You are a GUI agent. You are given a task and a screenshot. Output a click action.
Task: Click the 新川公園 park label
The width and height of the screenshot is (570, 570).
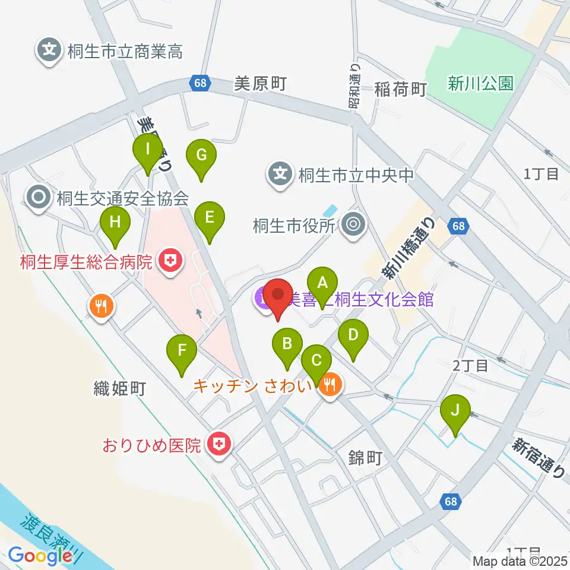pos(480,84)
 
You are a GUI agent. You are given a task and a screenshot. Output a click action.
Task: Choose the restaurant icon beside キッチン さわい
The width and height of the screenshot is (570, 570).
pos(328,387)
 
